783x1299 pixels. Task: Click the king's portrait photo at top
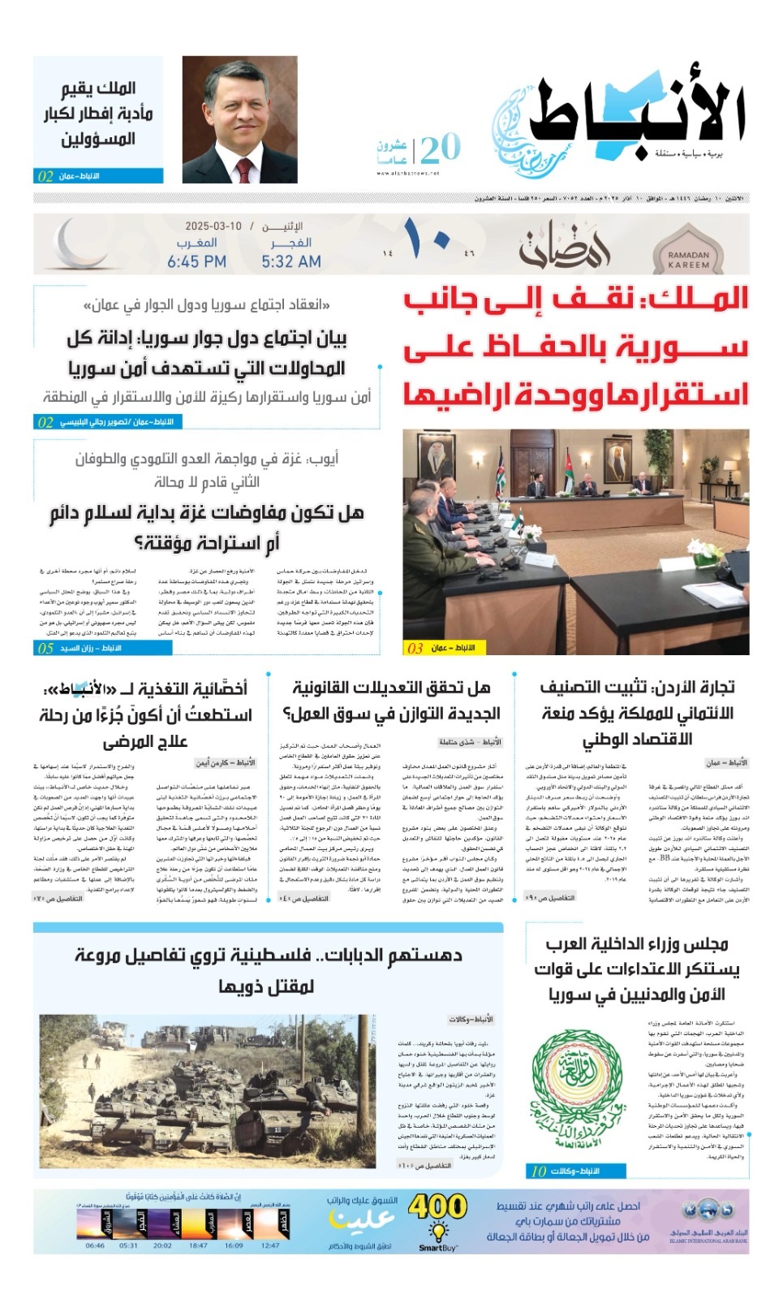pyautogui.click(x=240, y=119)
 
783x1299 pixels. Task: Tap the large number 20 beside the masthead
pyautogui.click(x=440, y=148)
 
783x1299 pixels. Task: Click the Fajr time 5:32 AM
pyautogui.click(x=291, y=261)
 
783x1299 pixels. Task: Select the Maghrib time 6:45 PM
pyautogui.click(x=196, y=261)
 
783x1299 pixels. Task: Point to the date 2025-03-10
pyautogui.click(x=213, y=226)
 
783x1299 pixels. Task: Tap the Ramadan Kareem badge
pyautogui.click(x=688, y=247)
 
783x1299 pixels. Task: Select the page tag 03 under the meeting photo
pyautogui.click(x=415, y=648)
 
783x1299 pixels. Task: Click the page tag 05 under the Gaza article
pyautogui.click(x=45, y=648)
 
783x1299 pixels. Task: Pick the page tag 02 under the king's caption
pyautogui.click(x=45, y=176)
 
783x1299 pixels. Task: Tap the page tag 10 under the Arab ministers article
pyautogui.click(x=539, y=1171)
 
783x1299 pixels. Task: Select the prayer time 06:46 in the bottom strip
pyautogui.click(x=95, y=1245)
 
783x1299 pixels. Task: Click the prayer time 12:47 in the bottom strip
pyautogui.click(x=270, y=1245)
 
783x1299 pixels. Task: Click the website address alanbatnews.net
pyautogui.click(x=408, y=173)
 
